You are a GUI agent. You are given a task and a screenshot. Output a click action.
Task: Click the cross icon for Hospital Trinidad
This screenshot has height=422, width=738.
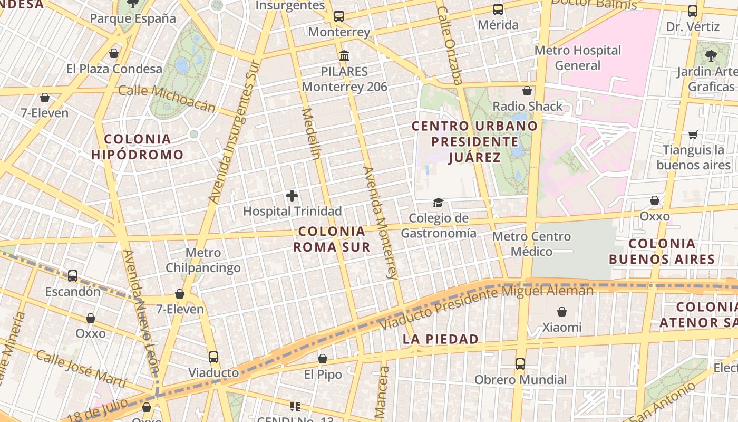coord(292,196)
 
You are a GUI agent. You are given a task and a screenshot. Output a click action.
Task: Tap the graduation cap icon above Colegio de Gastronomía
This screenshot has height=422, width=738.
coord(438,203)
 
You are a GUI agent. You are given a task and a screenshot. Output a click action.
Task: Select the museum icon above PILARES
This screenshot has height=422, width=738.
coord(344,55)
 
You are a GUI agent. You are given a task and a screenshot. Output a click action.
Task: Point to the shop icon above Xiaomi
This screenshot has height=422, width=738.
coord(562,312)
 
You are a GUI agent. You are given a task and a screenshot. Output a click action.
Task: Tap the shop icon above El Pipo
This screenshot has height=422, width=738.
coord(323,359)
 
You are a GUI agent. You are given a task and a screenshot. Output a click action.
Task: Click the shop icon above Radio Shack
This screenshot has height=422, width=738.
coord(527,91)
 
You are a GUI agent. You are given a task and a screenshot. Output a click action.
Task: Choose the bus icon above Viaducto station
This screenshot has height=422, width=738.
coord(213,357)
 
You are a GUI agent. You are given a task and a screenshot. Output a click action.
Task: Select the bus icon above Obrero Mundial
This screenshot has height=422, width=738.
coord(520,364)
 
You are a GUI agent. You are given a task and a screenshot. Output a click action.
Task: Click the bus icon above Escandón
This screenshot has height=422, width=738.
coord(73,276)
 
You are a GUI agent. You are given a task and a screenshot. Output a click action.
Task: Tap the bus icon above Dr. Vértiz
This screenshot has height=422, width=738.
coord(693,11)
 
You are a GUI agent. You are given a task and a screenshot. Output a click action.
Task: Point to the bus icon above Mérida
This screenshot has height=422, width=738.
coord(498,9)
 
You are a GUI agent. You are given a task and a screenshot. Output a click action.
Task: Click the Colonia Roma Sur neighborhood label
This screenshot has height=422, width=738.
coord(332,239)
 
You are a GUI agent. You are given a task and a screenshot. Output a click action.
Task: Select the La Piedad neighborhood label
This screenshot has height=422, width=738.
coord(441,339)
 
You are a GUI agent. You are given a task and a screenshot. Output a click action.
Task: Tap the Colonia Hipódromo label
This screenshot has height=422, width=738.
coord(137,147)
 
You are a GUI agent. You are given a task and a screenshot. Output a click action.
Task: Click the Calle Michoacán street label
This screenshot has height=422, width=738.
coord(167,98)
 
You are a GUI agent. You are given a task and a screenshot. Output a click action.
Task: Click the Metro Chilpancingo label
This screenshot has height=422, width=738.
coord(203,260)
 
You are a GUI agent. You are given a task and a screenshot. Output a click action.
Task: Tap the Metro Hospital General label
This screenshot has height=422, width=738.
coord(578,58)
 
